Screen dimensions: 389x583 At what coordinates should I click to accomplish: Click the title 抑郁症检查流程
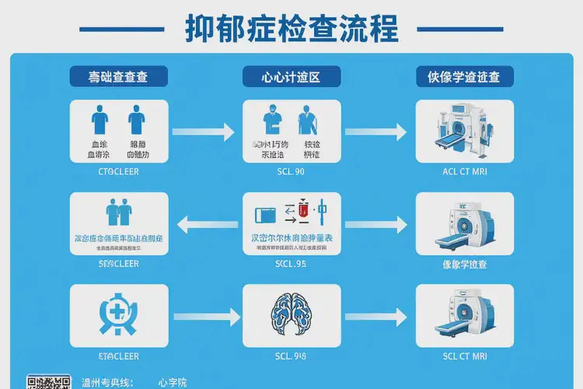coord(291,29)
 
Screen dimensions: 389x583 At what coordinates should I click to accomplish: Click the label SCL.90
coord(291,172)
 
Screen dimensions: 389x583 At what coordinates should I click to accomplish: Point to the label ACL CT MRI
coord(465,172)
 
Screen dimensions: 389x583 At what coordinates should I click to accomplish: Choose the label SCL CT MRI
coord(465,356)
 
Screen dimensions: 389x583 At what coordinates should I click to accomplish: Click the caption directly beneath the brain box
coord(291,356)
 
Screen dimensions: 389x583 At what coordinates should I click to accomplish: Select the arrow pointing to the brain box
coord(206,317)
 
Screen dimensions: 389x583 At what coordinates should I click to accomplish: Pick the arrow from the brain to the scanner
coord(377,317)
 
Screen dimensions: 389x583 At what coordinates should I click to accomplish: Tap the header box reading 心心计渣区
coord(291,76)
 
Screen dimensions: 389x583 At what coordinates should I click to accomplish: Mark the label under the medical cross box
coord(118,356)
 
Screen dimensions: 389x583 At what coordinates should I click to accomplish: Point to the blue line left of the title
coord(122,30)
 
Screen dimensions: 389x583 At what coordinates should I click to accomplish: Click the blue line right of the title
coord(460,30)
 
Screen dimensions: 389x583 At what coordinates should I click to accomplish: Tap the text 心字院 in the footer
coord(172,383)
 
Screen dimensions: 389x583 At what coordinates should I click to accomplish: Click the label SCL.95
coord(291,264)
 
